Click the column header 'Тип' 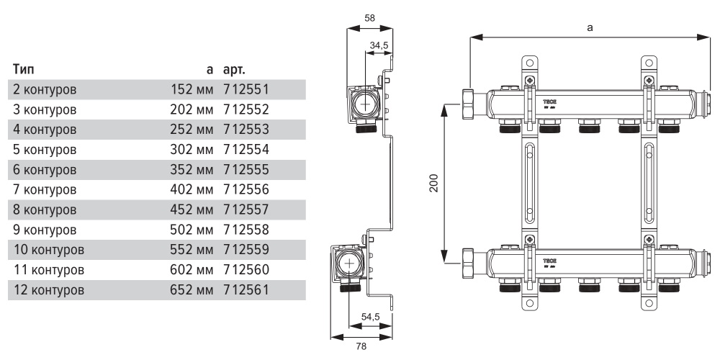point(22,71)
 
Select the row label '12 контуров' point(48,292)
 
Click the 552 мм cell point(193,251)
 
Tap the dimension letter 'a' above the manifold point(590,27)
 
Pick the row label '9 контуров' point(45,231)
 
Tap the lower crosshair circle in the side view point(351,263)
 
